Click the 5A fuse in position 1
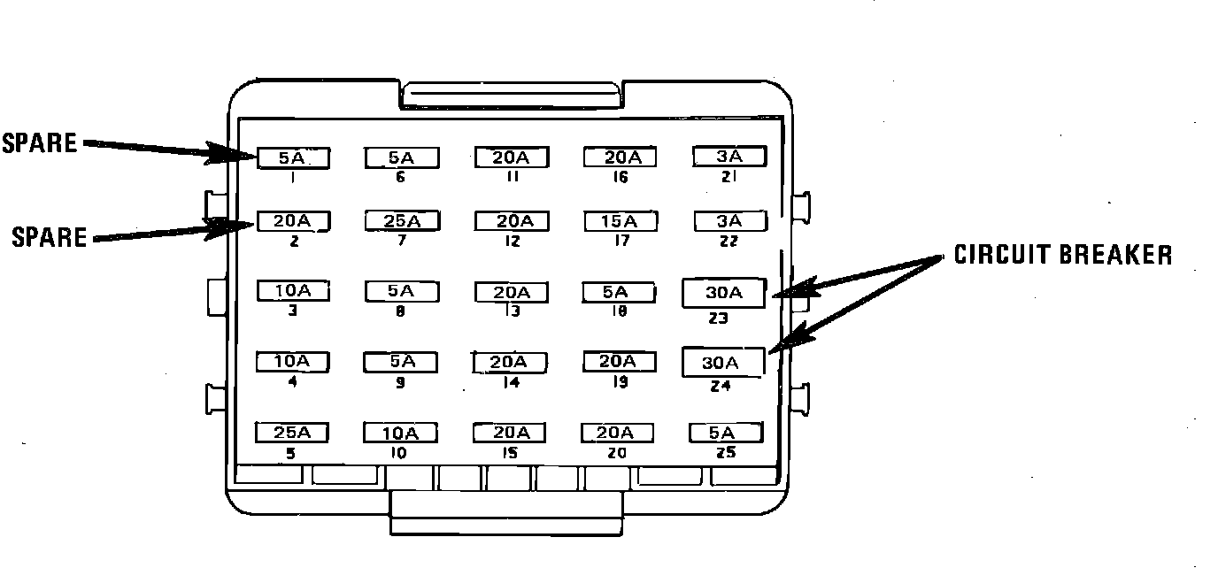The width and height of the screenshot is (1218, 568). (x=293, y=158)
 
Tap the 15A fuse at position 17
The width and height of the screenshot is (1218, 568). (x=620, y=221)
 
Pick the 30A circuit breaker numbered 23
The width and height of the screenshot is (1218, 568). (x=723, y=293)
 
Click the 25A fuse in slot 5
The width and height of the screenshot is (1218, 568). (x=292, y=433)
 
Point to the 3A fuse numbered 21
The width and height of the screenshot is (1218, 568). (x=729, y=157)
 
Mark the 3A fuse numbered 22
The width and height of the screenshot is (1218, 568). (x=729, y=221)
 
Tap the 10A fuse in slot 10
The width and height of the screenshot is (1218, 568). (x=400, y=433)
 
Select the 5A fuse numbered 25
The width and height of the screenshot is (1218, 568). (x=725, y=433)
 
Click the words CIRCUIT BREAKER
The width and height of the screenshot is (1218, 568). (x=1063, y=256)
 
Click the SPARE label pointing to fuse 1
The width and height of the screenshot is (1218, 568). (x=40, y=143)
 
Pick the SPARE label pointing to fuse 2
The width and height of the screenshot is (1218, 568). (x=50, y=237)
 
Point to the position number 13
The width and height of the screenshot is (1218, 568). (x=512, y=311)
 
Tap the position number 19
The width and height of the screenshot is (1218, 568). (x=619, y=382)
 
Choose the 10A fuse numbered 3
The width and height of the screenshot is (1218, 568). (x=292, y=291)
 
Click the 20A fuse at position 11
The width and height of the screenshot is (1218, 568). (x=512, y=157)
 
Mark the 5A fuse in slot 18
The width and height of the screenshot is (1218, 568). (x=617, y=292)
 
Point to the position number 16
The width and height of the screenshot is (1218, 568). (x=620, y=177)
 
